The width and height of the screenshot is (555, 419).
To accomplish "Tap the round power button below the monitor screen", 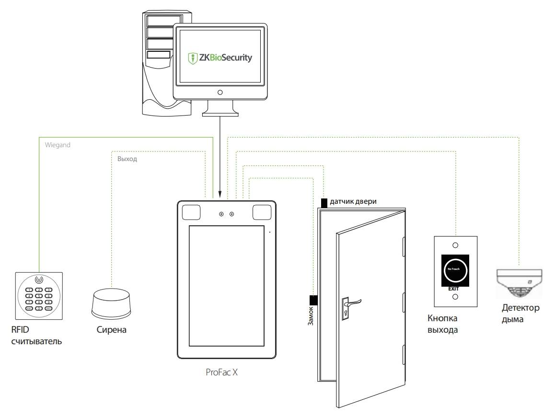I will (220, 92).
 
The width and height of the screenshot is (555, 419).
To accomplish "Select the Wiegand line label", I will (57, 145).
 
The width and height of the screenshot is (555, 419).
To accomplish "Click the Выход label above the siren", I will (127, 159).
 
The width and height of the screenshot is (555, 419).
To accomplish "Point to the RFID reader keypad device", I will (39, 296).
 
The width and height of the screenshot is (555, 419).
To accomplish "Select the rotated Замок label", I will (310, 317).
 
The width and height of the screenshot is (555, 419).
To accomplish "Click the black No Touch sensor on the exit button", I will (455, 269).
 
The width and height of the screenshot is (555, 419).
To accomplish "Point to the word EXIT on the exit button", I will (453, 289).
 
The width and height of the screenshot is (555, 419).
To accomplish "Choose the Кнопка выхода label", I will (442, 324).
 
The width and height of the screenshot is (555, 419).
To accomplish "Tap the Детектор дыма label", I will (520, 313).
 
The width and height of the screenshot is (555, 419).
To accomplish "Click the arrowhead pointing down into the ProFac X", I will (220, 195).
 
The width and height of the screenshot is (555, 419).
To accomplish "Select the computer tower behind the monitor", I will (158, 62).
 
